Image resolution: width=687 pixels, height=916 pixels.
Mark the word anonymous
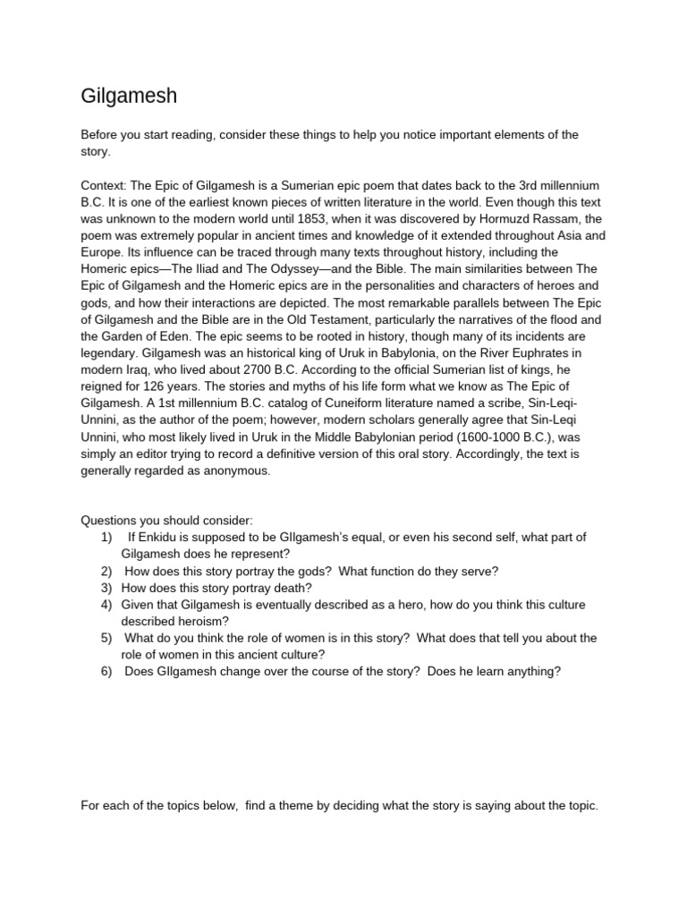pyautogui.click(x=236, y=471)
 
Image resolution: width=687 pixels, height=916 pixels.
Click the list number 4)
pyautogui.click(x=106, y=605)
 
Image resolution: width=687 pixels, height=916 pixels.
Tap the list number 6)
pyautogui.click(x=106, y=671)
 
